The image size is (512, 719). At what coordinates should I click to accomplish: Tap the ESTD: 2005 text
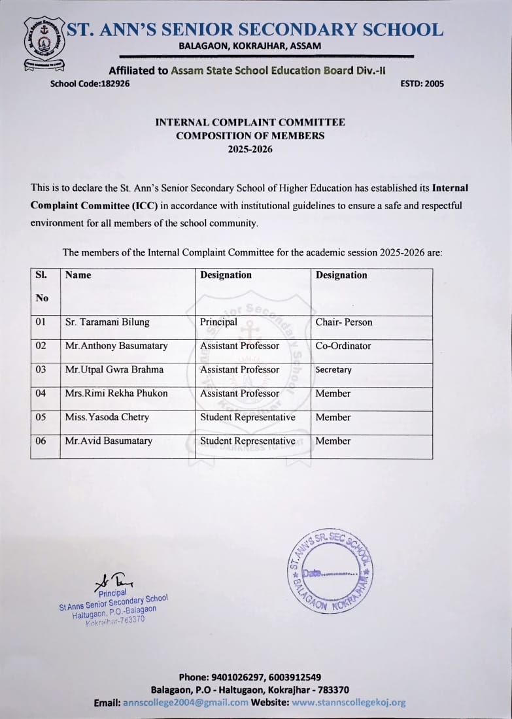coord(422,84)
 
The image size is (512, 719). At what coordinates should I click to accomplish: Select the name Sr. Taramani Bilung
coord(107,322)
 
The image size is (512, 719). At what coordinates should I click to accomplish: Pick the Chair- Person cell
coord(344,322)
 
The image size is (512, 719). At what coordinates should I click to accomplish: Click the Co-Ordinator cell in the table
coord(343,346)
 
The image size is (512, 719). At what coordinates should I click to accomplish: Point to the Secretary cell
coord(333,370)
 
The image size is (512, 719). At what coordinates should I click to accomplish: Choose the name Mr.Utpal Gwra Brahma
coord(114,370)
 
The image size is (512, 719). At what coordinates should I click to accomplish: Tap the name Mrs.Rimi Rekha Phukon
coord(116,393)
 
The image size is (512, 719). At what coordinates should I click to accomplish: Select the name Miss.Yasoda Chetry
coord(107,417)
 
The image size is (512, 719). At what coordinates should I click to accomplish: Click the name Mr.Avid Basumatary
coord(109,441)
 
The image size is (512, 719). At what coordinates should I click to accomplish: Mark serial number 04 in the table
coord(41,393)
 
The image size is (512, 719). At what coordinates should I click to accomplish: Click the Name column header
coord(78,275)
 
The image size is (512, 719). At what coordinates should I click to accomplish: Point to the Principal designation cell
coord(219,322)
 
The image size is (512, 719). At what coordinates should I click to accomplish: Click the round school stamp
coord(330,571)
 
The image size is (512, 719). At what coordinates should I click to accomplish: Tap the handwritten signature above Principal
coord(114,580)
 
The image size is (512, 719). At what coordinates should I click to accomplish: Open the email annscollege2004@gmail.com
coord(186,703)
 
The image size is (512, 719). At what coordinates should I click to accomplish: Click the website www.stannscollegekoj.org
coord(349,703)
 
